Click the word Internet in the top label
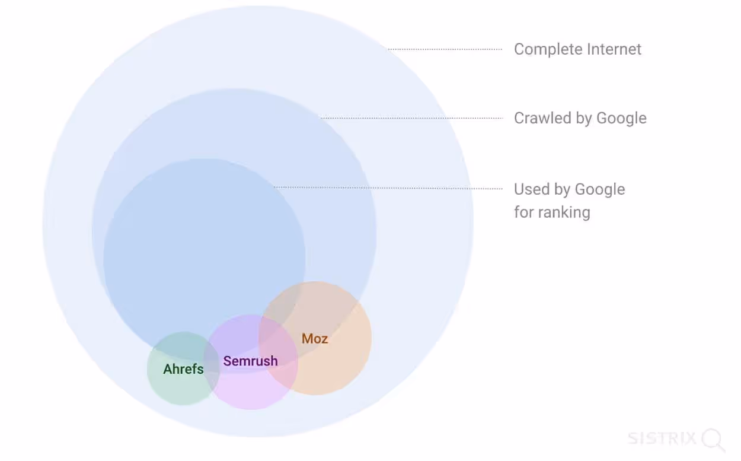coord(614,49)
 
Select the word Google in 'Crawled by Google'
coord(621,119)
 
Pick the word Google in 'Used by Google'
coord(600,190)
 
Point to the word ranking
coord(564,213)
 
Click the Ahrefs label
coord(183,369)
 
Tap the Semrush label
coord(250,361)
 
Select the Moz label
coord(315,339)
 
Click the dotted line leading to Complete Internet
coord(445,49)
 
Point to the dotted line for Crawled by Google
coord(411,117)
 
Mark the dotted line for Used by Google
coord(388,187)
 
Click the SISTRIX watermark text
coord(662,438)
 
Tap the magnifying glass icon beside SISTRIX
coord(713,440)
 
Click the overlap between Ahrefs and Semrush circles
coord(212,368)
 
